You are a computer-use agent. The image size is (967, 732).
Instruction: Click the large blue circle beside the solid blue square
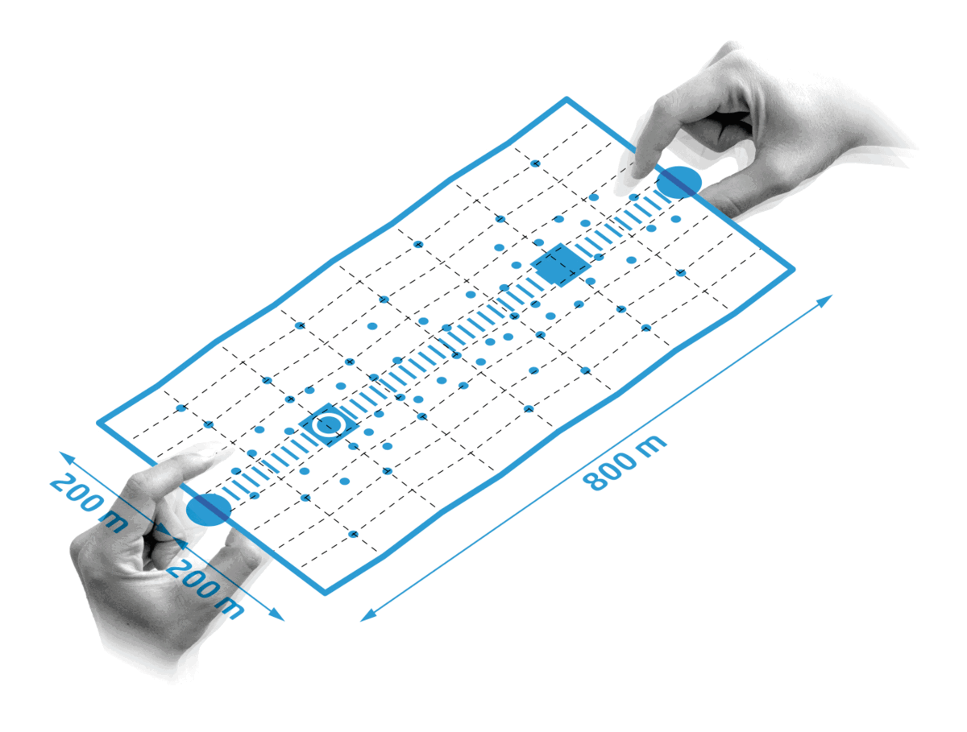679,182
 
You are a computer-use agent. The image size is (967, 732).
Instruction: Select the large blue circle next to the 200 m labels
209,509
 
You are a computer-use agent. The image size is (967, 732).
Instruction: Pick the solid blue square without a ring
560,265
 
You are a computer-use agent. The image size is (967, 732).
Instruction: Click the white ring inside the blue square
329,425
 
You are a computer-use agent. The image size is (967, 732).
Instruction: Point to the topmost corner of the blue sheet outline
567,99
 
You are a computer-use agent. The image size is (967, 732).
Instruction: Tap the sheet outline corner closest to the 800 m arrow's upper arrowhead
792,268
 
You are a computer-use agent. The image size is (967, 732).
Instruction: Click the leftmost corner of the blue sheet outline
98,423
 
